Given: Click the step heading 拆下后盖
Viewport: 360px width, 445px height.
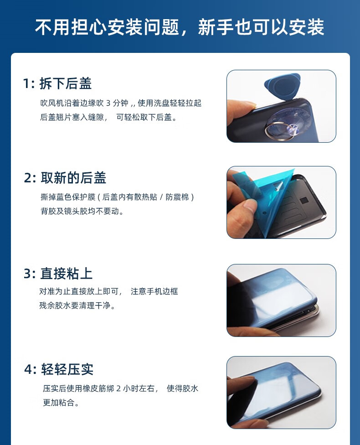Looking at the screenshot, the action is click(66, 83).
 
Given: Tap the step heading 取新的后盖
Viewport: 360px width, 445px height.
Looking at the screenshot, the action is click(73, 178).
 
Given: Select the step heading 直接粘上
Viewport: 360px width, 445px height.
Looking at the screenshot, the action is click(67, 274).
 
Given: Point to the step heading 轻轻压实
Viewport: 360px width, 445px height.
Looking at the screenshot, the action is click(67, 369).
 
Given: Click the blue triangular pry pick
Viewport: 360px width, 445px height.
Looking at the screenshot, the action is click(283, 86).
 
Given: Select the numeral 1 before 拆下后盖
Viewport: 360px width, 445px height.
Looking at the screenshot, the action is click(26, 84).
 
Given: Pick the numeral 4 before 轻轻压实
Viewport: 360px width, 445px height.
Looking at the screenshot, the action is click(28, 369).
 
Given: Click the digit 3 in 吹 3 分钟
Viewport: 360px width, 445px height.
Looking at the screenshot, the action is click(108, 103).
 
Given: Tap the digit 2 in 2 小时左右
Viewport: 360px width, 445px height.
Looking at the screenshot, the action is click(118, 388).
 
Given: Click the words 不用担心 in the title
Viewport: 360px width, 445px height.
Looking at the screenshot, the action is click(71, 27).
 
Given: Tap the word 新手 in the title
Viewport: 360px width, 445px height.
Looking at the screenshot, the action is click(216, 27).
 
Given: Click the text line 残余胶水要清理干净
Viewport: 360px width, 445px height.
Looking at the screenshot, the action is click(77, 305).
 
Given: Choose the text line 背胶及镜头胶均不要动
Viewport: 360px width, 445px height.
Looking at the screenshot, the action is click(82, 211).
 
